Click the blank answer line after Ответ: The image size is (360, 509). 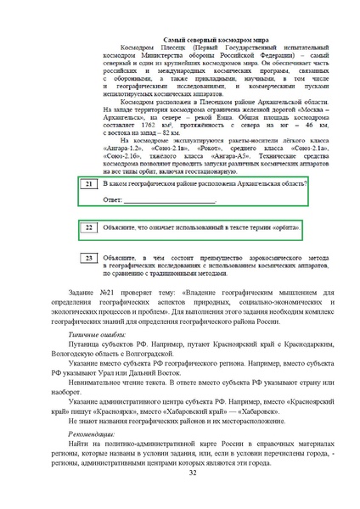(x=170, y=200)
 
